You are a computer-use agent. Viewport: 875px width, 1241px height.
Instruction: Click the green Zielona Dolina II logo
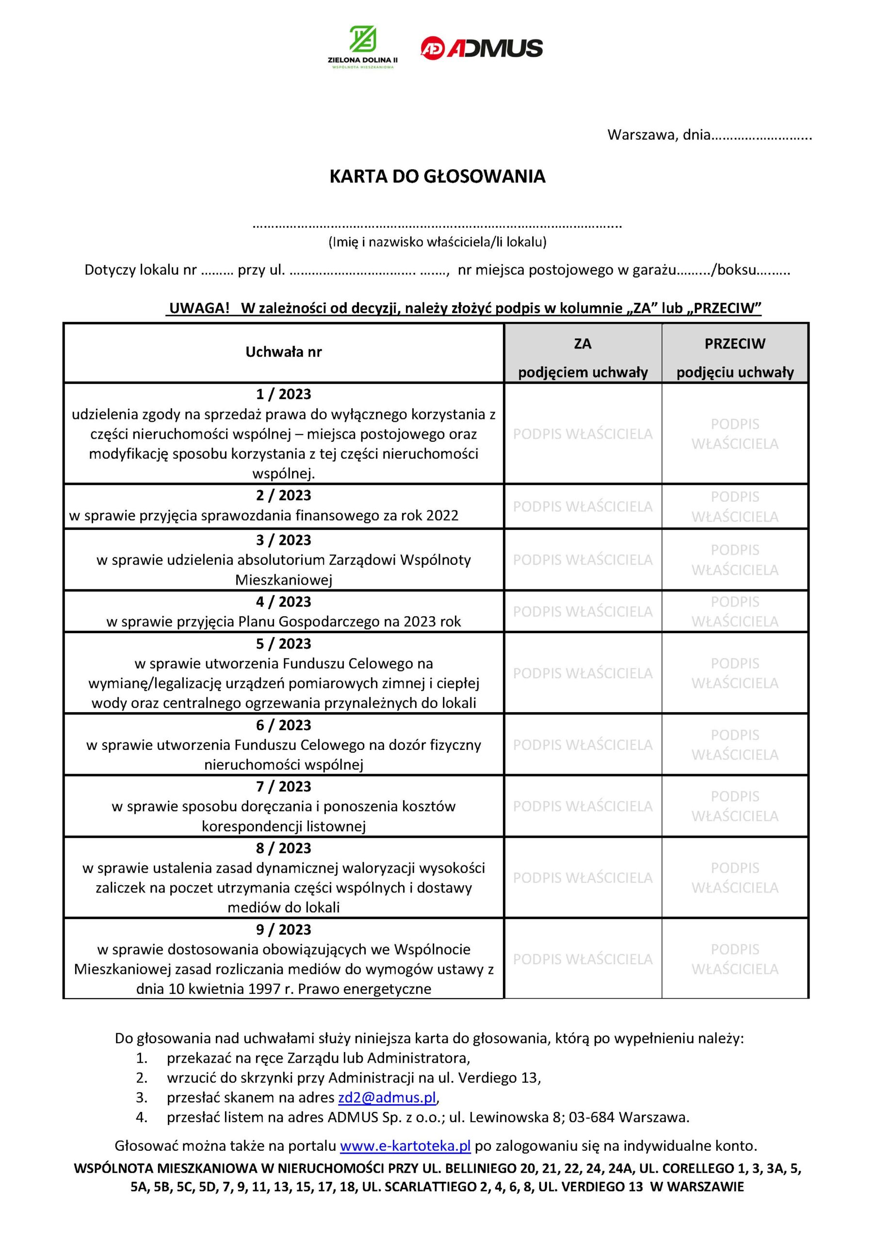click(362, 47)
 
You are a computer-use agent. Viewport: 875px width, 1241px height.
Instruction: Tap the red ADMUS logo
click(481, 48)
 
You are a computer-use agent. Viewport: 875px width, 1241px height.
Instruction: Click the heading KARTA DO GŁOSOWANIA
click(437, 177)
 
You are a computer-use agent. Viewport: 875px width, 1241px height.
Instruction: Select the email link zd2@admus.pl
click(387, 1097)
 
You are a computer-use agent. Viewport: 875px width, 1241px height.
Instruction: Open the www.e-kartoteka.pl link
click(405, 1146)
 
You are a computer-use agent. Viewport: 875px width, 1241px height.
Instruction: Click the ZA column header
click(583, 344)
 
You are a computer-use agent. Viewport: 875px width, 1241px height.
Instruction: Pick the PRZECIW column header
click(734, 344)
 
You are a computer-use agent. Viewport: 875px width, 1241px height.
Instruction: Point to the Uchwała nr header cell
click(283, 352)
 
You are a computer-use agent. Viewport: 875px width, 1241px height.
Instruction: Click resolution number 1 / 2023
click(283, 394)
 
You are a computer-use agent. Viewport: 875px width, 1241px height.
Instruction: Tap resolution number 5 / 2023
click(283, 644)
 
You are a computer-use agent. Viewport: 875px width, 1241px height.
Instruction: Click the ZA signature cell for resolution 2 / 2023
click(583, 507)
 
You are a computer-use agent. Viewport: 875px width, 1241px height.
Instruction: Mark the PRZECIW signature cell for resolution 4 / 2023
click(734, 611)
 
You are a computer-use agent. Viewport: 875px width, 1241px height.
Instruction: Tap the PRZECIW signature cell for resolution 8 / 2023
click(734, 877)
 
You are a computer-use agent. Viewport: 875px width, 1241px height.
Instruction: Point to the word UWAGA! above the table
click(199, 308)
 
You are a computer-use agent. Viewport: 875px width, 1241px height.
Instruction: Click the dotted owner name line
click(437, 225)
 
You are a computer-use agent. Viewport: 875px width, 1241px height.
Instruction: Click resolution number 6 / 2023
click(283, 725)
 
